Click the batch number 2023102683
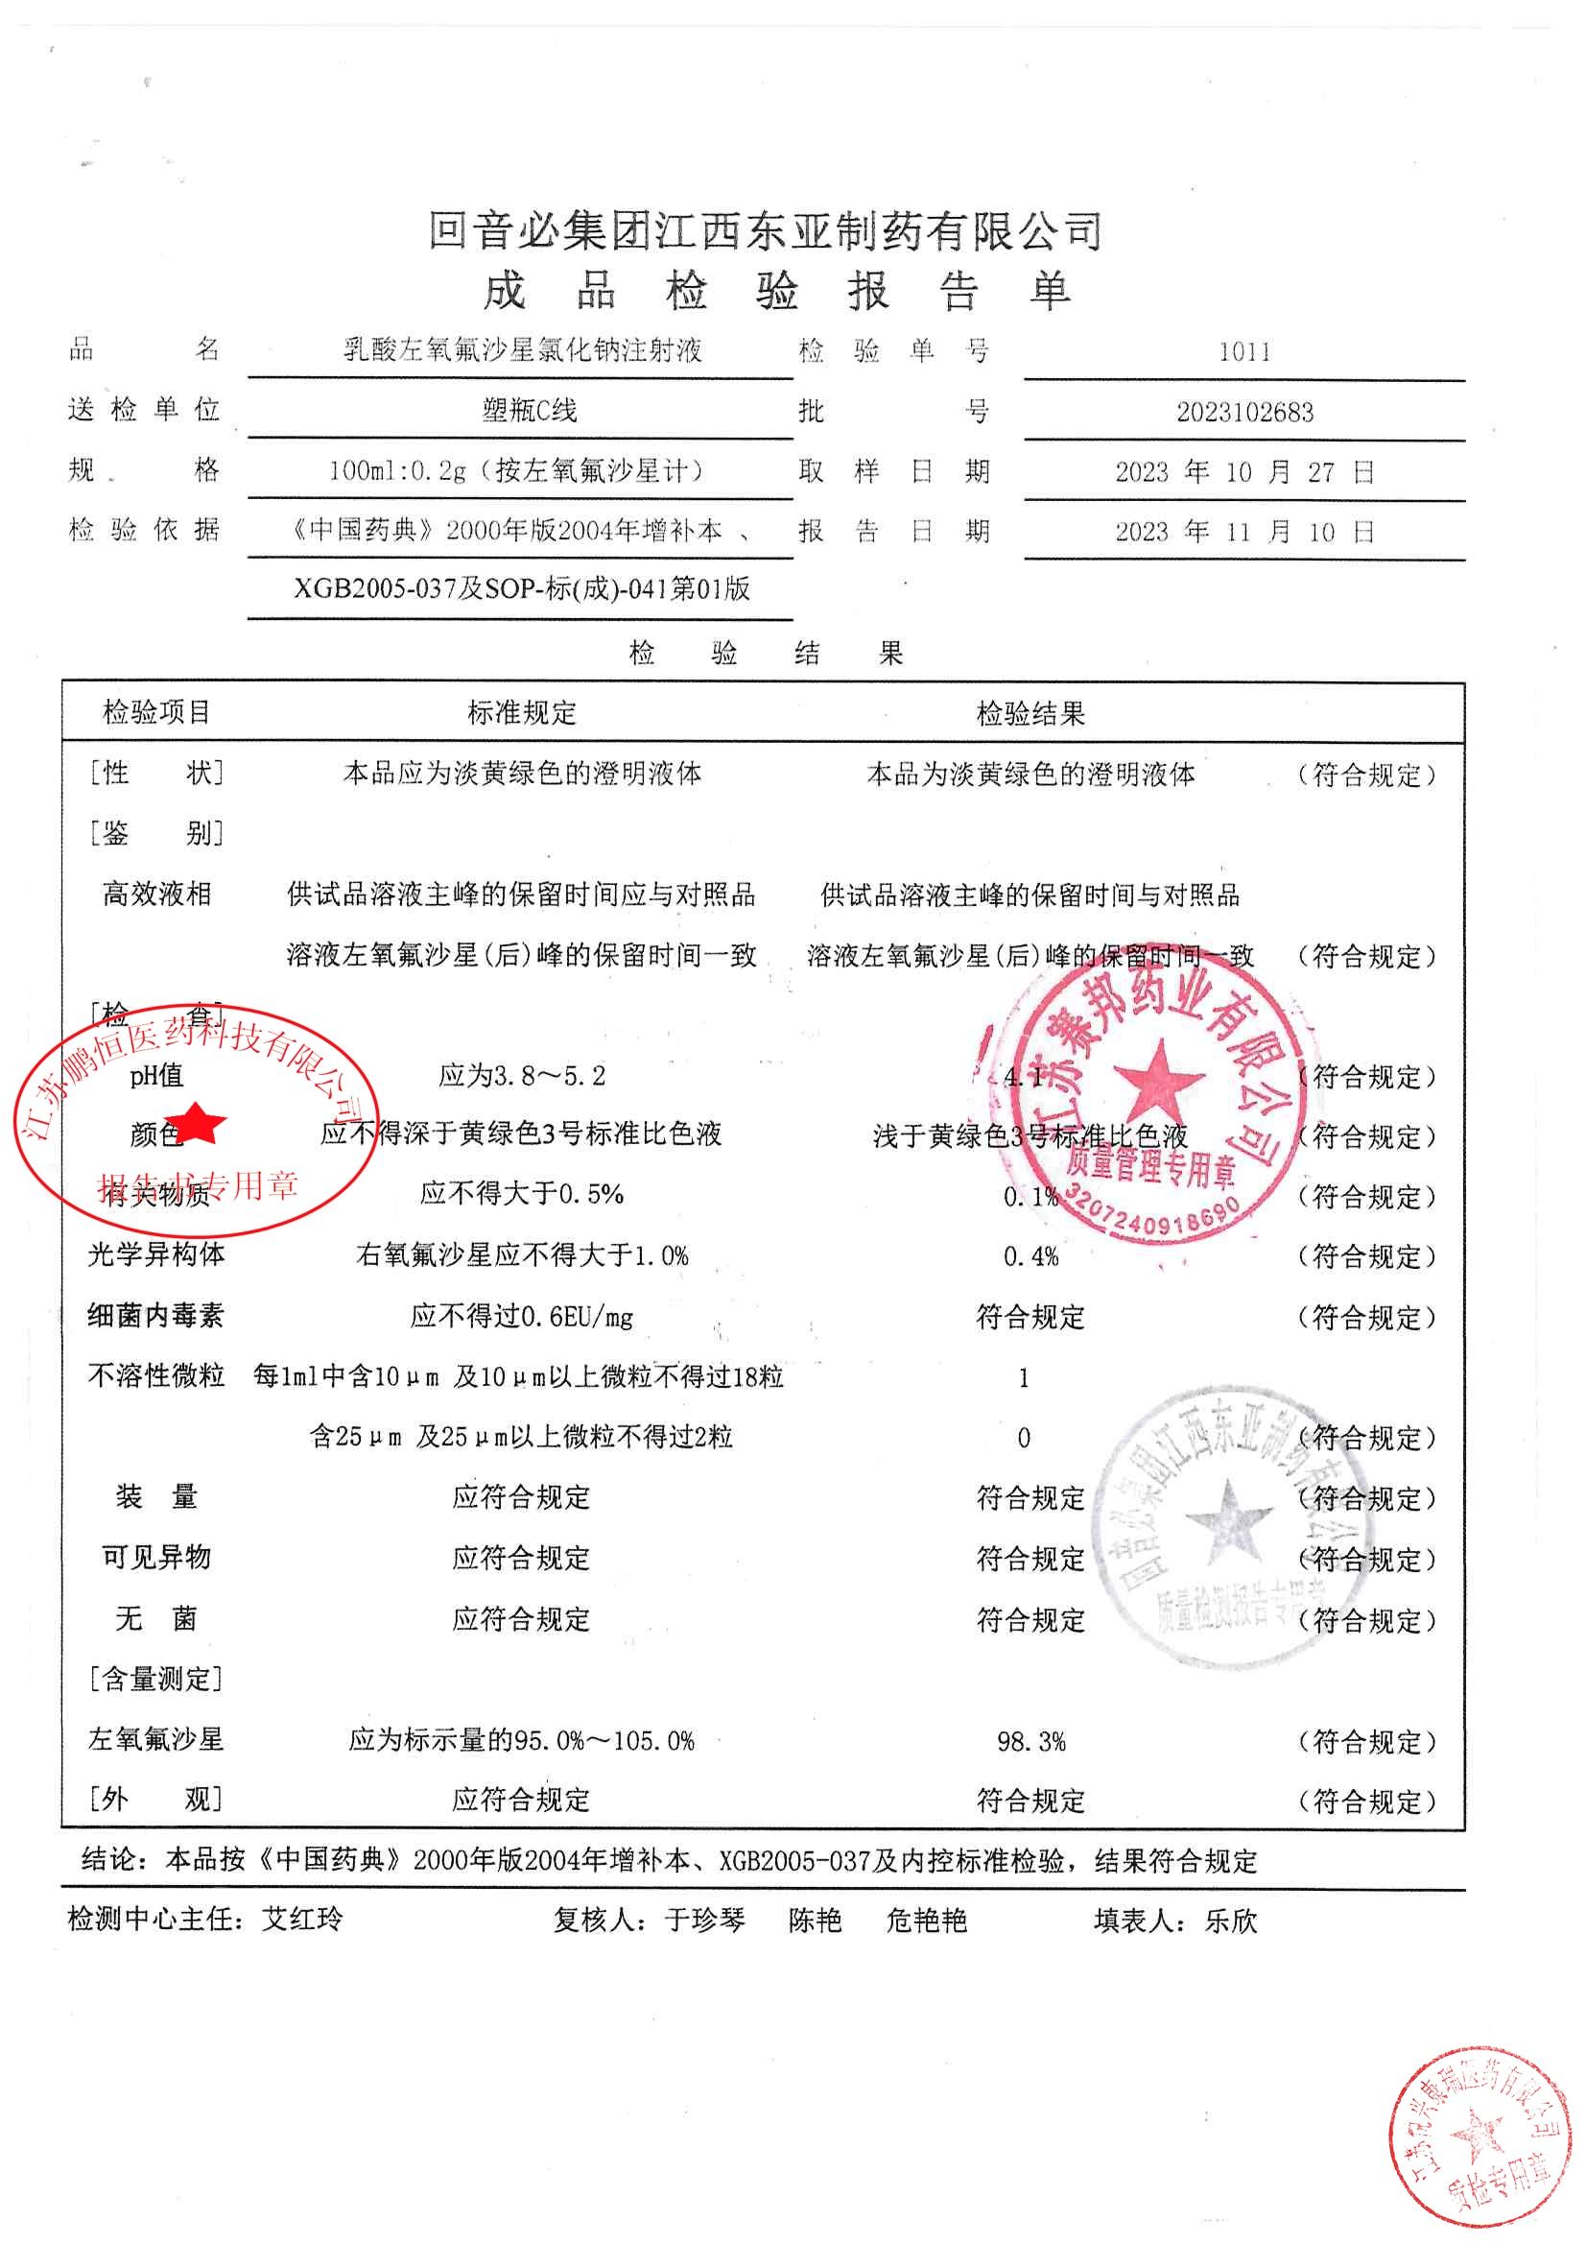coord(1244,413)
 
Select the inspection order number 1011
coord(1244,352)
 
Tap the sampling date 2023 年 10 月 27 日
coord(1244,473)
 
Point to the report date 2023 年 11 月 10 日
coord(1244,533)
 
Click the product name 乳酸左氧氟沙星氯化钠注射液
coord(522,350)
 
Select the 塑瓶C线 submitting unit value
coord(529,411)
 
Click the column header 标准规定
coord(522,713)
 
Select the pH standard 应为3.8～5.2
coord(522,1076)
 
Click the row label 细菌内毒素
coord(155,1317)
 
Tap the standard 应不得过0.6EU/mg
coord(522,1318)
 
